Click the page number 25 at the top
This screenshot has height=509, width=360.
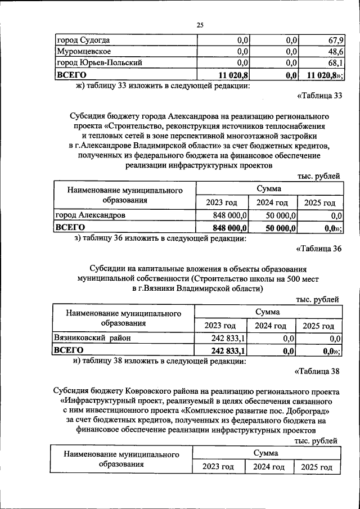coord(200,25)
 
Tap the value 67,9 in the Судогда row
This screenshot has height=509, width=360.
coord(336,40)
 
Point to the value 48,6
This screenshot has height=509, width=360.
coord(336,51)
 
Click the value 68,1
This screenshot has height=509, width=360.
coord(336,62)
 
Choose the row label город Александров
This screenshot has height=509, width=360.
coord(90,215)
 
